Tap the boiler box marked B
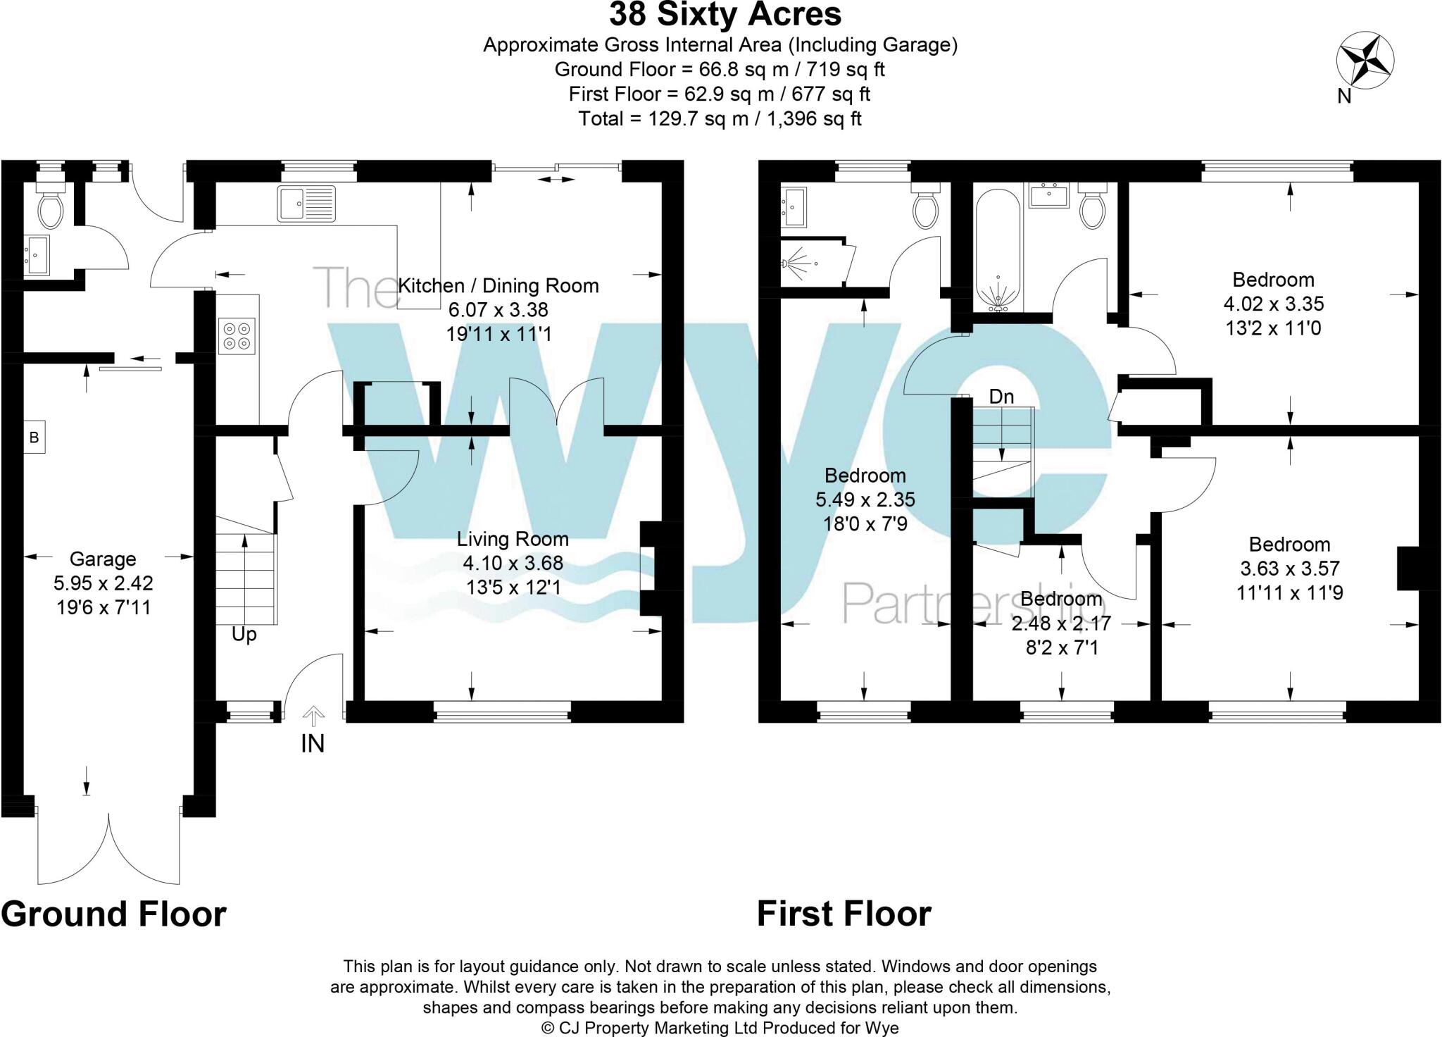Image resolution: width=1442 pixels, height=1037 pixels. coord(34,437)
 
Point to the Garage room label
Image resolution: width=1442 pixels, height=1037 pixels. coord(103,559)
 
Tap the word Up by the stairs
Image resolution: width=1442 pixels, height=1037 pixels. coord(244,635)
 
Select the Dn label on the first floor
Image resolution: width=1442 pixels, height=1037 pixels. coord(1001,397)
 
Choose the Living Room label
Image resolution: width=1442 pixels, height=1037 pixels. coord(513,540)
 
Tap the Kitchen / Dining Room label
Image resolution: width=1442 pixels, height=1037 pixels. coord(499,286)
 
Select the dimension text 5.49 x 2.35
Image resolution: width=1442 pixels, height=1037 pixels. coord(865,499)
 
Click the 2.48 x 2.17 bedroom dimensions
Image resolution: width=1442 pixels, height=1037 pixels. coord(1061,623)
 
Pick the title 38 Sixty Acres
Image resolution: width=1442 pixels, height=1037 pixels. coord(725,14)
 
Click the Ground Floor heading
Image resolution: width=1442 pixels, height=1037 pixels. coord(114,914)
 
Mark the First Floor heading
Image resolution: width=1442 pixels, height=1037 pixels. coord(844,914)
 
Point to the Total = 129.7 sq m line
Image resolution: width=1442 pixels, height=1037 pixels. coord(720,118)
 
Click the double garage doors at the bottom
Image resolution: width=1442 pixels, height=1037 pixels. coord(109,849)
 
